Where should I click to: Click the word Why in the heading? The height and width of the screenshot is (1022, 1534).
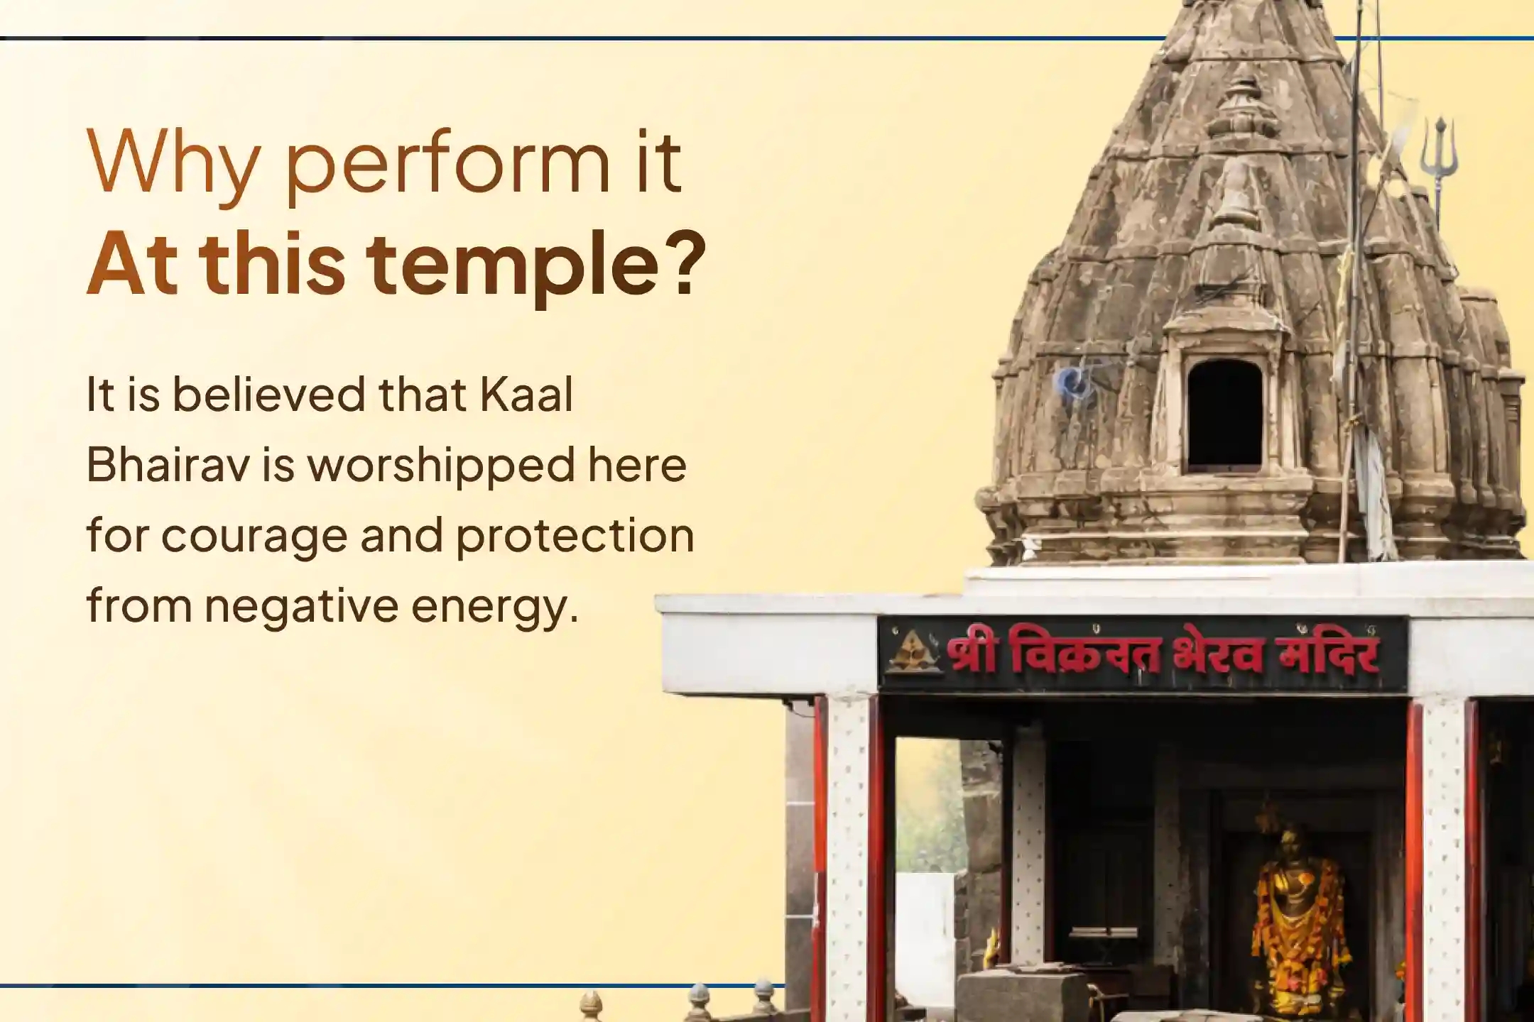(171, 165)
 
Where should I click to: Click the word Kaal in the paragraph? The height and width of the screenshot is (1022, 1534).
(526, 395)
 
